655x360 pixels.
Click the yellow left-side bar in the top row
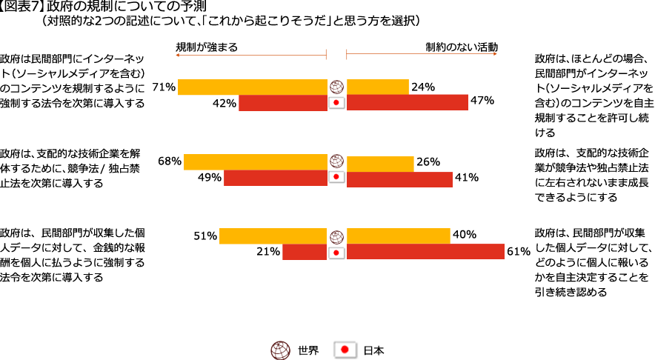click(252, 87)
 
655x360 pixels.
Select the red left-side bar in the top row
click(282, 103)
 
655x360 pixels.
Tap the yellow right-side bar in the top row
click(378, 87)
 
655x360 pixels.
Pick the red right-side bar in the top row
click(407, 102)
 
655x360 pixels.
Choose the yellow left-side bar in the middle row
click(255, 161)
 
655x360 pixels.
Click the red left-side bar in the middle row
click(275, 178)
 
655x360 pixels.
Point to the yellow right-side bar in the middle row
click(380, 164)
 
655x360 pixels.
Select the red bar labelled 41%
click(399, 179)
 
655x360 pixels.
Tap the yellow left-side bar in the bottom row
click(273, 236)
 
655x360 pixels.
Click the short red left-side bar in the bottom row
click(304, 252)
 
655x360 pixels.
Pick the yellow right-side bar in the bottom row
click(398, 236)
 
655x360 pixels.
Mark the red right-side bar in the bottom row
click(425, 252)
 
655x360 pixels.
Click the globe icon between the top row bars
click(336, 87)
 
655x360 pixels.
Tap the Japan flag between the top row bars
click(336, 103)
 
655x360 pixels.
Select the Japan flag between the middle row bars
click(336, 178)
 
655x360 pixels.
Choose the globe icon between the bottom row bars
click(336, 236)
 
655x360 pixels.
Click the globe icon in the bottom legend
click(280, 350)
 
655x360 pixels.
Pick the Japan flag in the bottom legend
click(345, 350)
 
